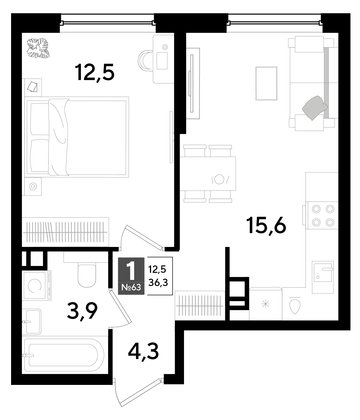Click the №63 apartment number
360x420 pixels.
pos(131,288)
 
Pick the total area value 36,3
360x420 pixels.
pos(158,282)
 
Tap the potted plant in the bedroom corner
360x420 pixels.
pos(38,48)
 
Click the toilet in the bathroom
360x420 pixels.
pos(87,276)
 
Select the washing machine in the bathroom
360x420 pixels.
pos(37,285)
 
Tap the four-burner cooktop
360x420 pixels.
pos(323,215)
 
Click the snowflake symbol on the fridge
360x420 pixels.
pos(266,305)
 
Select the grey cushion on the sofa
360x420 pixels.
pos(315,108)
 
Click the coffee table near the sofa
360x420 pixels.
pos(266,83)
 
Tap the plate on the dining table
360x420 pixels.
pos(219,179)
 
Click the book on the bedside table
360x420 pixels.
pos(33,87)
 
